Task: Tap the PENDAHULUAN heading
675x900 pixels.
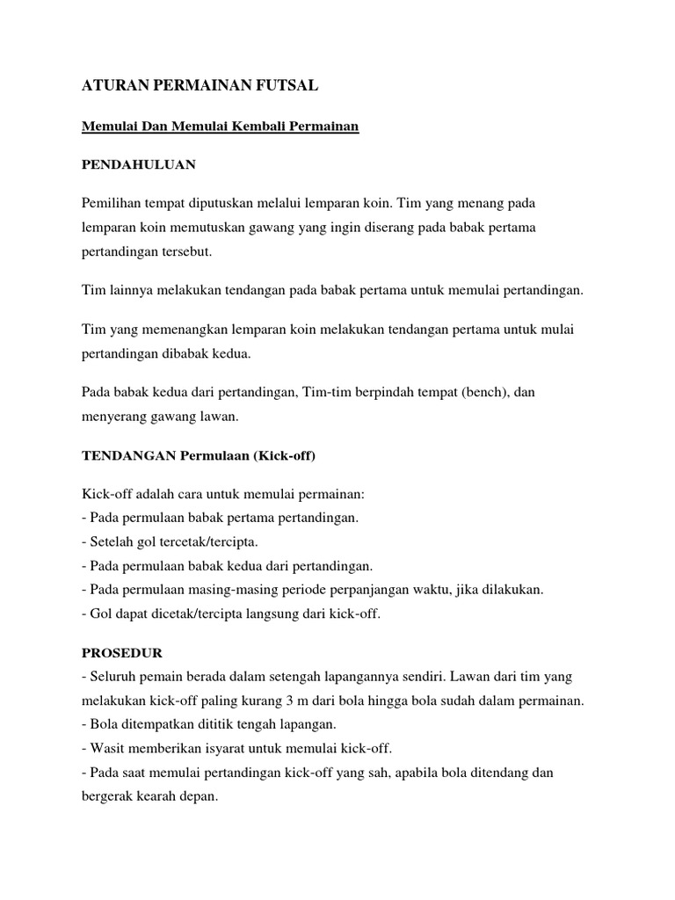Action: [x=139, y=164]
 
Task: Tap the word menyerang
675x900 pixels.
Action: [x=112, y=417]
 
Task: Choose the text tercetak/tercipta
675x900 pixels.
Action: [x=204, y=541]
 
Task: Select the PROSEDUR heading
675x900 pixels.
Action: [x=122, y=653]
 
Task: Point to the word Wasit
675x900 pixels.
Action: [x=106, y=749]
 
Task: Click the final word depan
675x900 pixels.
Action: [x=196, y=796]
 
